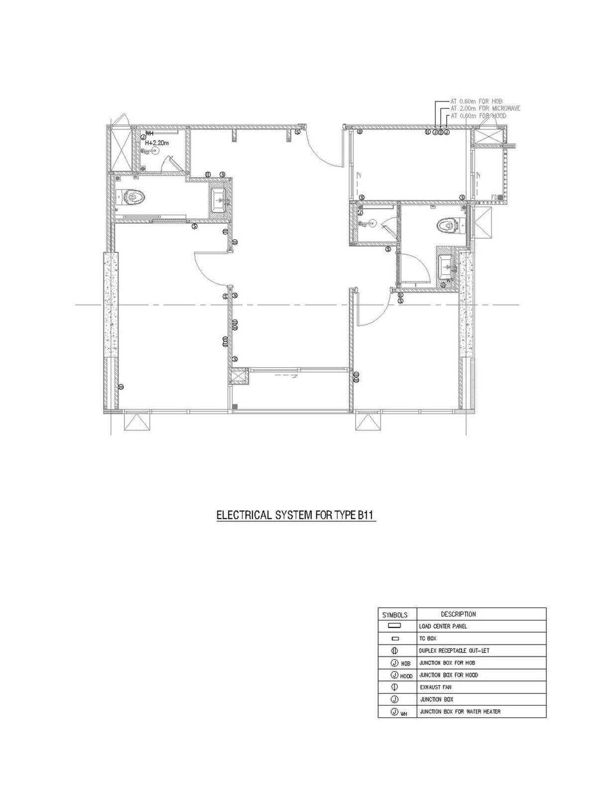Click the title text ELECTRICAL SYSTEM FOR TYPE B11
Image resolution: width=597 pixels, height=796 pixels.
tap(295, 515)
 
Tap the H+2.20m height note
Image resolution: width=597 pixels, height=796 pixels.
tap(157, 143)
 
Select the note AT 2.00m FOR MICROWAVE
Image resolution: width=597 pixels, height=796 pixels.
tap(485, 108)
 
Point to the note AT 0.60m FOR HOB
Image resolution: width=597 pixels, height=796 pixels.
tap(477, 101)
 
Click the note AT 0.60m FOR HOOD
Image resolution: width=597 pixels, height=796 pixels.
tap(478, 115)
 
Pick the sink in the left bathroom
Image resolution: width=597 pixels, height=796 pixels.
tap(218, 200)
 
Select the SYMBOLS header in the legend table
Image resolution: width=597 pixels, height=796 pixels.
tap(396, 615)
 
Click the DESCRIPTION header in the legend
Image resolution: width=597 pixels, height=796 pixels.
tap(458, 614)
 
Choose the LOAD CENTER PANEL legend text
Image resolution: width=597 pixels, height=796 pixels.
tap(443, 626)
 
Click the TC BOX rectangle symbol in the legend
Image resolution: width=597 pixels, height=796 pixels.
tap(396, 638)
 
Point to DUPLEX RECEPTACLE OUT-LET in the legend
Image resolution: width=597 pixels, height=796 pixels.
tap(451, 651)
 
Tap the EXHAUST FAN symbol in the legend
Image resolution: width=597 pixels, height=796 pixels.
tap(396, 687)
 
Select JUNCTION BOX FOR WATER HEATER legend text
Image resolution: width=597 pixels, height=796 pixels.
tap(460, 711)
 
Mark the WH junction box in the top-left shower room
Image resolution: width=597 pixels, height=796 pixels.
tap(143, 138)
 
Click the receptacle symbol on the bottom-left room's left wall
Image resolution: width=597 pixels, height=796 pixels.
tap(121, 387)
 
